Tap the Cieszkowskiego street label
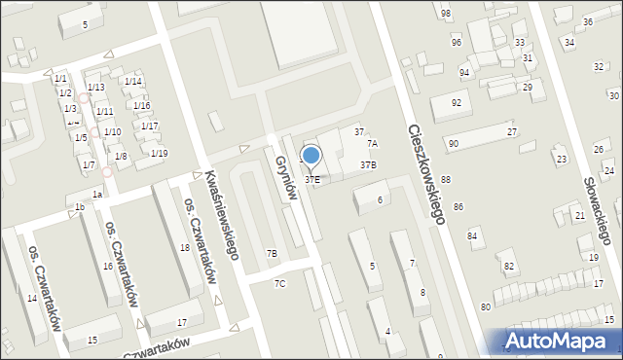coord(427,174)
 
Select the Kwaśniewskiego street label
coord(221,215)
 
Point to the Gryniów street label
coord(284,176)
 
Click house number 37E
coord(312,180)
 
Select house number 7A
coord(372,143)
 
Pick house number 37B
coord(368,165)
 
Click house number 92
coord(456,102)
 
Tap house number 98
coord(445,13)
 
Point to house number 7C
coord(279,283)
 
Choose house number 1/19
coord(159,153)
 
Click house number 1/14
coord(133,81)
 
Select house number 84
coord(472,235)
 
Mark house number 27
coord(511,130)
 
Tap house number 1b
coord(80,206)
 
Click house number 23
coord(561,158)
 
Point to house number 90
coord(453,143)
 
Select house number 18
coord(184,248)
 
